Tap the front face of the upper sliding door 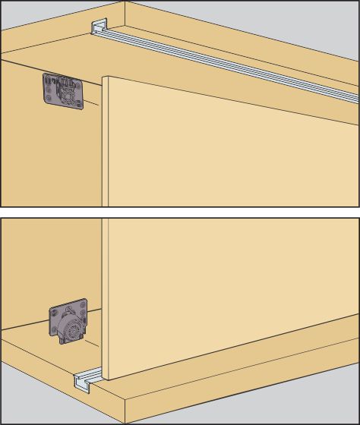pyautogui.click(x=228, y=152)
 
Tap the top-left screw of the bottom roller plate pyautogui.click(x=55, y=311)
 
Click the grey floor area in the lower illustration pyautogui.click(x=30, y=402)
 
